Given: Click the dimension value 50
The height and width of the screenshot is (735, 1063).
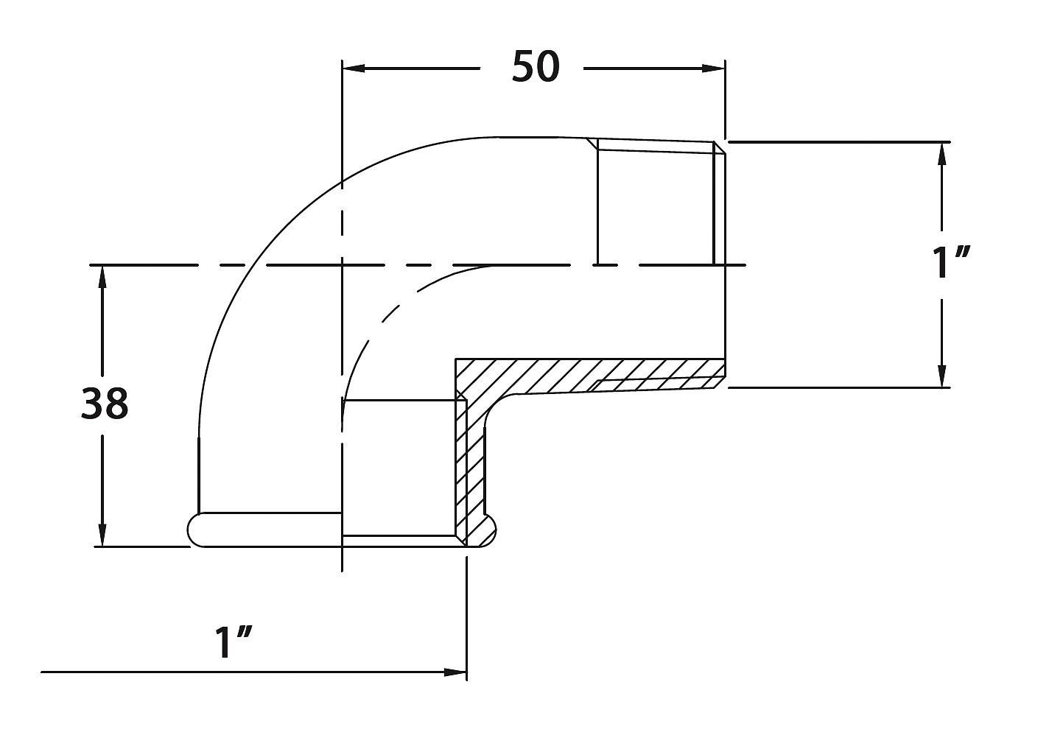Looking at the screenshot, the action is pyautogui.click(x=536, y=67).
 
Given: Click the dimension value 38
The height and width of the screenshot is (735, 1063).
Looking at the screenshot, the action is pyautogui.click(x=105, y=404).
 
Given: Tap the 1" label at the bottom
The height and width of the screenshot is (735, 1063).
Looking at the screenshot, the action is pyautogui.click(x=233, y=643).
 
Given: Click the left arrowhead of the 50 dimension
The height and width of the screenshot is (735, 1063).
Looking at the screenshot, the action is pyautogui.click(x=354, y=68).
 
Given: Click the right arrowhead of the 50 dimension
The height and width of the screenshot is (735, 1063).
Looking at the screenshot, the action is pyautogui.click(x=714, y=68).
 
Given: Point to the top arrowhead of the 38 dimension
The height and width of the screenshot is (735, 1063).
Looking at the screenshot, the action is pyautogui.click(x=102, y=277).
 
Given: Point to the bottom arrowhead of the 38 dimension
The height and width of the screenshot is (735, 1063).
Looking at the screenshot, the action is pyautogui.click(x=102, y=535).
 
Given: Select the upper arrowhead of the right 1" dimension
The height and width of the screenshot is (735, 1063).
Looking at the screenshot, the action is pyautogui.click(x=942, y=153).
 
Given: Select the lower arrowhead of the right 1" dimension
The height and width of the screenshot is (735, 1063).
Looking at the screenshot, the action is pyautogui.click(x=942, y=376).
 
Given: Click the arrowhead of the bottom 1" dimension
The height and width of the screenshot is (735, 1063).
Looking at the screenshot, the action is pyautogui.click(x=455, y=672).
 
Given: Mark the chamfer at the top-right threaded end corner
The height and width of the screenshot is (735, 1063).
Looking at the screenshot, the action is pyautogui.click(x=720, y=147).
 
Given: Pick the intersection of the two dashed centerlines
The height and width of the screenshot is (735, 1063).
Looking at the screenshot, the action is pyautogui.click(x=342, y=265).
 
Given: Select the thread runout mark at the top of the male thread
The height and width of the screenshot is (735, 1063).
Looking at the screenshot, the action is pyautogui.click(x=592, y=144).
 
